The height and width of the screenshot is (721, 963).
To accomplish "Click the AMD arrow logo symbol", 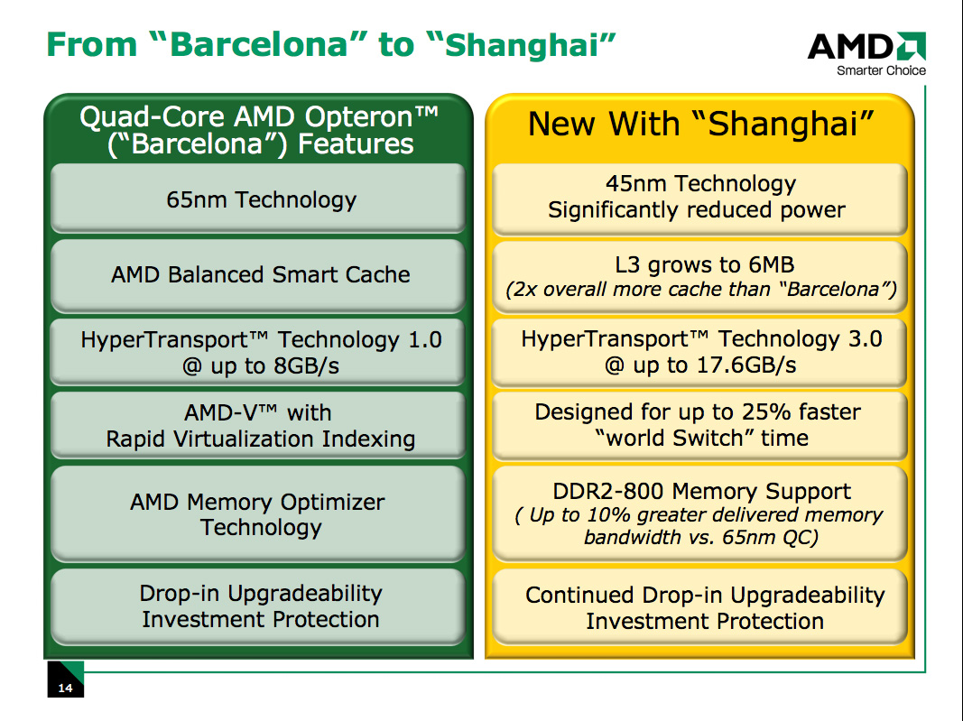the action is (910, 46).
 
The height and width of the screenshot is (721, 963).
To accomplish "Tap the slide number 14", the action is (65, 688).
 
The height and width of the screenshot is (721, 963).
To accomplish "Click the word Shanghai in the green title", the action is (522, 45).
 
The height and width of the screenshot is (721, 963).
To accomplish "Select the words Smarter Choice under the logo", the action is (881, 70).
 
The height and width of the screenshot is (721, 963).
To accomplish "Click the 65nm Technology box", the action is (258, 199).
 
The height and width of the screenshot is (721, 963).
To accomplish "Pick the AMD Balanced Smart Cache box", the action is (258, 275).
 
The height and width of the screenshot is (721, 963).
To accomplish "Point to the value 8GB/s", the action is (307, 366).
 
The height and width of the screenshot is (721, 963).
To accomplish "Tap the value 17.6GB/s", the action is (746, 365).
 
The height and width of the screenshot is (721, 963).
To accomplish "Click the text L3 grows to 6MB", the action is (705, 264).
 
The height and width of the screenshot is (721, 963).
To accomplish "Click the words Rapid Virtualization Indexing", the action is (261, 439).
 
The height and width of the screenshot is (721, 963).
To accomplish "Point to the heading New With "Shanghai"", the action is (700, 124).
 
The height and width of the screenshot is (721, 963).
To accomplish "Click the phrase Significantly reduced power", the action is (697, 210).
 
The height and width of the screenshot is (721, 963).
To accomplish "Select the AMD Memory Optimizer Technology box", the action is (258, 514).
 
